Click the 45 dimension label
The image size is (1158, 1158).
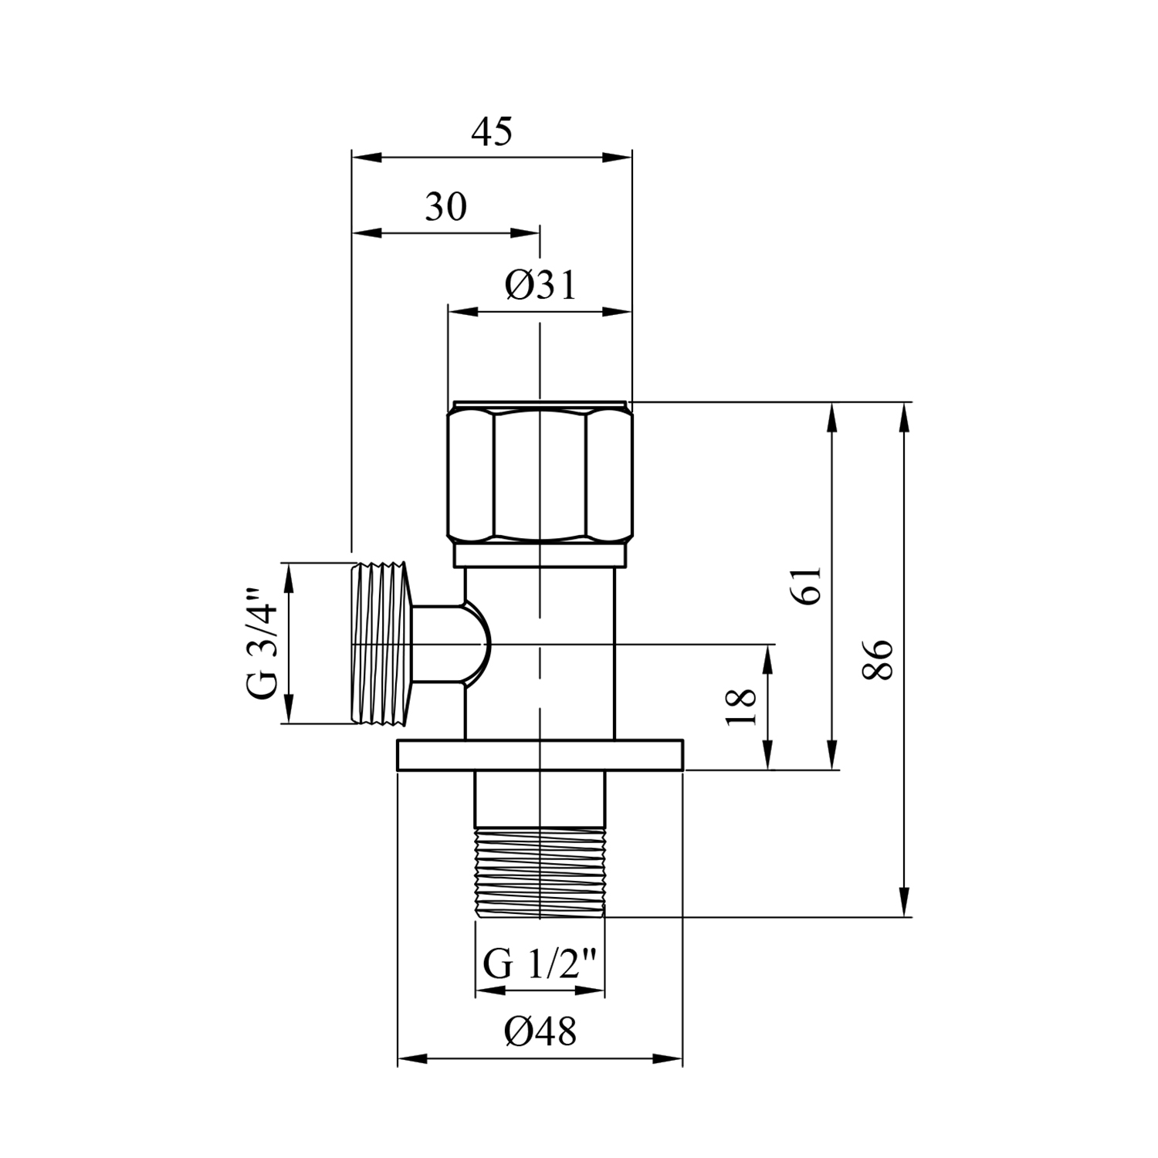[x=492, y=133]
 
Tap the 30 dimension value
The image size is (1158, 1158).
[x=446, y=207]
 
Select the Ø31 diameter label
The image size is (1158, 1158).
[x=541, y=286]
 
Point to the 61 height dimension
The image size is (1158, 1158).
[x=806, y=586]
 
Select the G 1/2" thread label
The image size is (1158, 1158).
[x=540, y=964]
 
